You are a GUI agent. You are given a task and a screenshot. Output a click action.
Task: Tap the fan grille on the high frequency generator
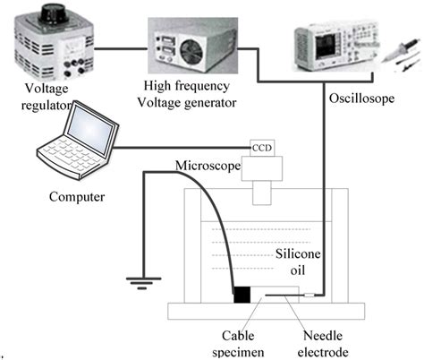click(x=192, y=51)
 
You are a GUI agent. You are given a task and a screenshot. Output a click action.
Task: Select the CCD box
click(x=262, y=148)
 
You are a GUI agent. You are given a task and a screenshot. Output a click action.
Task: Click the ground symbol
click(x=143, y=283)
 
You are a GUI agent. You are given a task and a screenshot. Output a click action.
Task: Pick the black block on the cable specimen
click(x=242, y=295)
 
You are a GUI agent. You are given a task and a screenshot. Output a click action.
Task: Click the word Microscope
click(x=208, y=166)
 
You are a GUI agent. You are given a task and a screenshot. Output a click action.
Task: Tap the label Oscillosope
click(x=361, y=99)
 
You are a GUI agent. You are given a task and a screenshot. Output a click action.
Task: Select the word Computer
click(x=77, y=197)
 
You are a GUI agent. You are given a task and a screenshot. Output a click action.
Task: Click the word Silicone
click(x=298, y=253)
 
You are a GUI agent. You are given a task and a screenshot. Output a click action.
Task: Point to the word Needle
click(x=323, y=336)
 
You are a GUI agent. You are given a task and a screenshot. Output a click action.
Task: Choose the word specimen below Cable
click(x=238, y=352)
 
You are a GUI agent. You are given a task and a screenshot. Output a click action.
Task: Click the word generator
click(x=205, y=103)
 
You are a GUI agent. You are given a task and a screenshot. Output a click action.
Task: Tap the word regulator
click(x=47, y=106)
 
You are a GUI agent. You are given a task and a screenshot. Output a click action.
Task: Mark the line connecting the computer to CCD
click(x=182, y=148)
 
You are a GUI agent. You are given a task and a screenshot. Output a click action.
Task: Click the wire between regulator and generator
click(x=121, y=49)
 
